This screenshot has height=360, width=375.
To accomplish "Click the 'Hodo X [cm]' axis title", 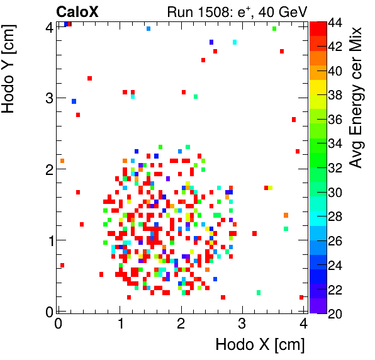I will (260, 345).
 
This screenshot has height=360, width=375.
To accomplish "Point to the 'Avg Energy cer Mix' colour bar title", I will (357, 98).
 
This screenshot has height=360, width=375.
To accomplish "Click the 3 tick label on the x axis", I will (242, 323).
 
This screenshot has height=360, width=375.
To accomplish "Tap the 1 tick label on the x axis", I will (120, 323).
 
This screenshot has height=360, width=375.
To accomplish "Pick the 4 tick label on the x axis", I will (303, 323).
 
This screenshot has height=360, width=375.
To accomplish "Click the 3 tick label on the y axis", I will (47, 98).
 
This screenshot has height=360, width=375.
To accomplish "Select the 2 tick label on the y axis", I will (47, 169).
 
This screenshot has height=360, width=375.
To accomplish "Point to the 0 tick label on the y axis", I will (47, 311).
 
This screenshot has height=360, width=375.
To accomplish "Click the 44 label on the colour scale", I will (335, 23).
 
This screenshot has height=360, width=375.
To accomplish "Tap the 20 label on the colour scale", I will (335, 313).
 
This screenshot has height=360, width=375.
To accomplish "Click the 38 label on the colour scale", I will (335, 96).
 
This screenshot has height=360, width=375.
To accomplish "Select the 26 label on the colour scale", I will (335, 240).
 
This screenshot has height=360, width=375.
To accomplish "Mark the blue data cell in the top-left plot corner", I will (65, 24).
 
